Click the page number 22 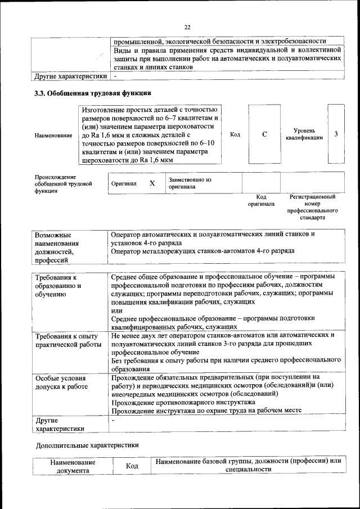[x=187, y=26]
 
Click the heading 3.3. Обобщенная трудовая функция [x=92, y=93]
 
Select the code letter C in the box [x=264, y=134]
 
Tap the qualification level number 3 [x=336, y=134]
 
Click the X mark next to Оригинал [x=152, y=183]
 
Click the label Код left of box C [x=235, y=134]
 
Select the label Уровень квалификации [x=304, y=134]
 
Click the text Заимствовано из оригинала [x=190, y=183]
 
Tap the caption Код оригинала [x=261, y=201]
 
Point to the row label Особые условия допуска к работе [x=61, y=382]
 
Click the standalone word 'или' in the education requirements [x=117, y=310]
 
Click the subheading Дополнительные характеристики [x=87, y=444]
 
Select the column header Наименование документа [x=72, y=466]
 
